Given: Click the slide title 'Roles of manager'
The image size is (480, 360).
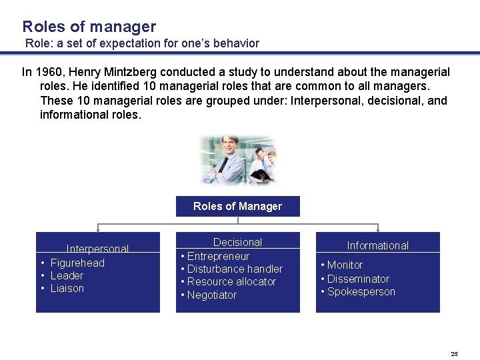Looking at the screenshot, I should coord(89,27).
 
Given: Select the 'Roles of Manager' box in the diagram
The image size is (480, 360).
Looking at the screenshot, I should coord(237,206).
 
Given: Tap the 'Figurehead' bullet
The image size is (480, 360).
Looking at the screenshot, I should coord(77,263).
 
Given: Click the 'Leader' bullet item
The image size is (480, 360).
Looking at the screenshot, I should coord(67,275).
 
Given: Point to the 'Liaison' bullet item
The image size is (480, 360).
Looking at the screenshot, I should coord(67,288).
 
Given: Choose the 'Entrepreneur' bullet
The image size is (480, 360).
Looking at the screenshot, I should coord(218,256).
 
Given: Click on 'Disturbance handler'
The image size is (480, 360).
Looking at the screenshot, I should coord(235,269).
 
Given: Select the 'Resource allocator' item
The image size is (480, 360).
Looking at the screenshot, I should coord(231,281).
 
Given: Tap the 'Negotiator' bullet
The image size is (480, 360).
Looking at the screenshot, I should coord(212,295).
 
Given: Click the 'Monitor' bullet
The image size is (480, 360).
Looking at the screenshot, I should coord(345,265).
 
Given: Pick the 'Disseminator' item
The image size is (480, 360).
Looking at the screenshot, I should coord(358,279).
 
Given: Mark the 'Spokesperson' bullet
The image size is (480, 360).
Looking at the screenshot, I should coord(361,291).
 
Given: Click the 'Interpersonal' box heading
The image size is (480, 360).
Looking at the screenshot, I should coord(97,249).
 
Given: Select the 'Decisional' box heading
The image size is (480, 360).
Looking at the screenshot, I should coord(237,243).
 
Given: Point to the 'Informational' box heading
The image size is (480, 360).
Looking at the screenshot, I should coord(377,245).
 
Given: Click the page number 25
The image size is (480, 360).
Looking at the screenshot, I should coord(454,353).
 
